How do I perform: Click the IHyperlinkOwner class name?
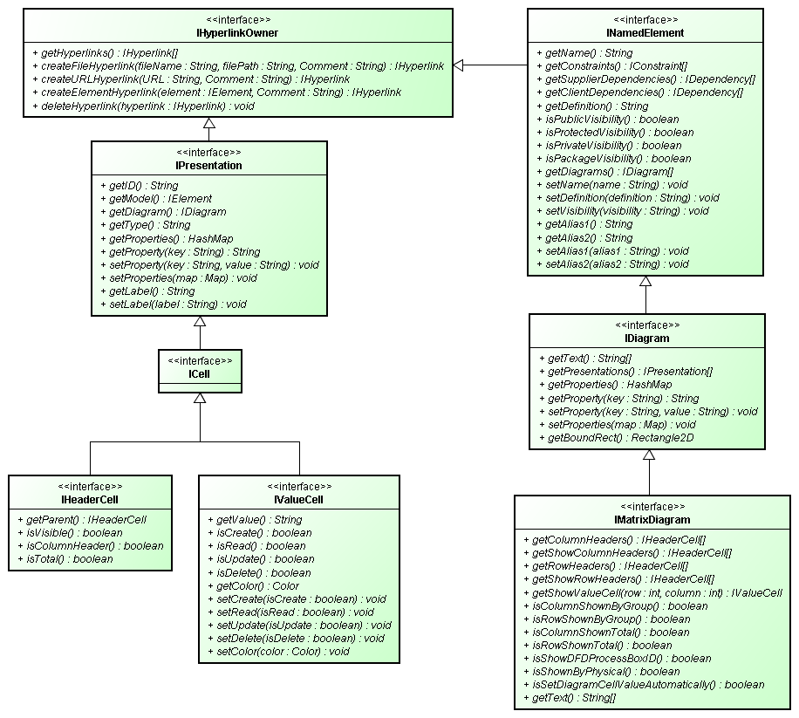(237, 33)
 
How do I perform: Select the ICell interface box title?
(200, 374)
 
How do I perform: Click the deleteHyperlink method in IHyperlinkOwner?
(143, 106)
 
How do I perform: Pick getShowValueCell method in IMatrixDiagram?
(652, 593)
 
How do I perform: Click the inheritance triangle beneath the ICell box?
(200, 399)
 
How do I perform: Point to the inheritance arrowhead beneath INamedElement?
(645, 282)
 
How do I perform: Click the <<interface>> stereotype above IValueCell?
(299, 486)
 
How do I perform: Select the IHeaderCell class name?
(90, 500)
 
